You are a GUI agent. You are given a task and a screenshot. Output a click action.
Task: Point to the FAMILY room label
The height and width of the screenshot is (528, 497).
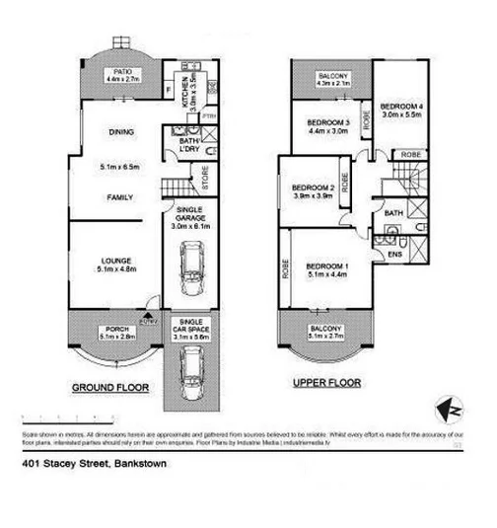pos(120,197)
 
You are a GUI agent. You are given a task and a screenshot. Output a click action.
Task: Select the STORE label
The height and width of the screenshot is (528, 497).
pos(205,179)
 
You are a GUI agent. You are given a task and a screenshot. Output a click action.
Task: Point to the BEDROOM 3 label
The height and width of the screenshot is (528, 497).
pos(325,121)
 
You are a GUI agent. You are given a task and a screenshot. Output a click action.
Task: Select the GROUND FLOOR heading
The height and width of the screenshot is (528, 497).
pos(109,388)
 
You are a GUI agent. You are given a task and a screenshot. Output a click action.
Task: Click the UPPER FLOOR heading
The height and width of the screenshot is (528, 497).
pos(327,382)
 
